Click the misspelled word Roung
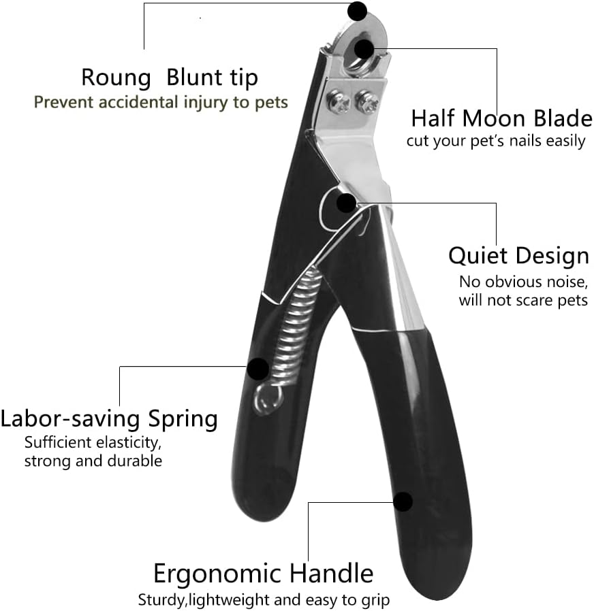[116, 78]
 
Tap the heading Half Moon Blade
[502, 118]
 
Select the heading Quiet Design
[518, 257]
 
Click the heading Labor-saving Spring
[109, 419]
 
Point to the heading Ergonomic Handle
[263, 574]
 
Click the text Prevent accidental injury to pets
[161, 103]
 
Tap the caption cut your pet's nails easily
[496, 141]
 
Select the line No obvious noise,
[523, 282]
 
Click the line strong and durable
[93, 461]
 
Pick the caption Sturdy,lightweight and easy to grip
[264, 600]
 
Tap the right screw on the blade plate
[367, 102]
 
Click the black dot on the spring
[257, 369]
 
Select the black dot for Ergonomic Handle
[403, 502]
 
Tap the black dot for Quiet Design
[346, 203]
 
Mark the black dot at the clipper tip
[357, 11]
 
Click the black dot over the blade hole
[364, 49]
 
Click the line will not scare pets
[523, 301]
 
